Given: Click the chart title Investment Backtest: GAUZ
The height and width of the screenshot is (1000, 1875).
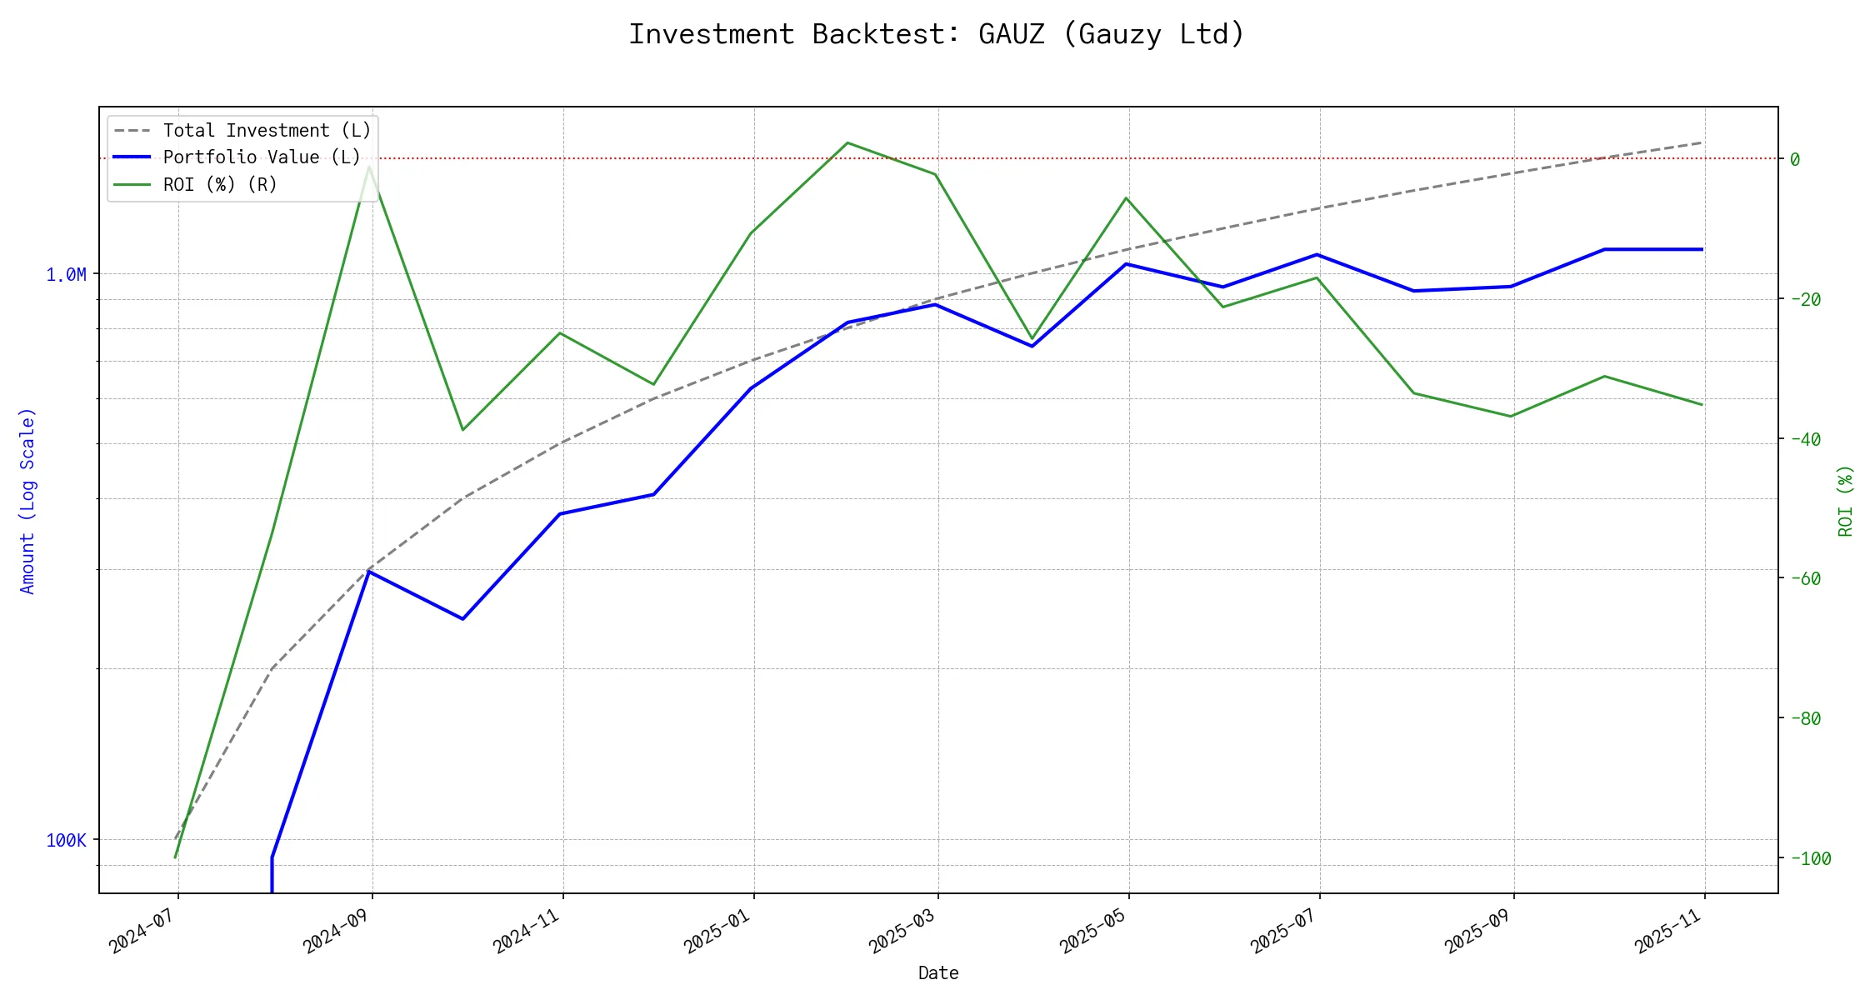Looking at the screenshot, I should click(x=937, y=34).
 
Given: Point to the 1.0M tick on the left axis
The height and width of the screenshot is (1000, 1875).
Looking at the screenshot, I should click(x=66, y=275).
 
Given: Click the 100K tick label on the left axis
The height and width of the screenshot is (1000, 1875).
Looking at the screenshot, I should click(x=66, y=841).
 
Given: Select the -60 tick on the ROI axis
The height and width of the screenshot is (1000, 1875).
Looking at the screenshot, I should click(x=1804, y=578).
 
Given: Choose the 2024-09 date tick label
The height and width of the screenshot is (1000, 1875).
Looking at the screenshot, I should click(x=337, y=931).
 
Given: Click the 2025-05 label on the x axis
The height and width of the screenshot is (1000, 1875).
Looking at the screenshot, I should click(x=1093, y=931).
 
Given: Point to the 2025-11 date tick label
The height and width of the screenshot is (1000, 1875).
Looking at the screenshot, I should click(x=1668, y=931).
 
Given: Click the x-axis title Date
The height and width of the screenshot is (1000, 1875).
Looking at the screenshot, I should click(x=938, y=973).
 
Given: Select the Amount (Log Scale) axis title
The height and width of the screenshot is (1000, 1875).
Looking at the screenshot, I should click(x=28, y=501).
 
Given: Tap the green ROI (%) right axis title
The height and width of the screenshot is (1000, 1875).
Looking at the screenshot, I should click(x=1846, y=501).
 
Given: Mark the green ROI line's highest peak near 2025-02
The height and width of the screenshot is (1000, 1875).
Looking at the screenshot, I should click(x=847, y=142).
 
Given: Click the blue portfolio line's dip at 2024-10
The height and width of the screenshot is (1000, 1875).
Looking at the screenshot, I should click(x=462, y=619).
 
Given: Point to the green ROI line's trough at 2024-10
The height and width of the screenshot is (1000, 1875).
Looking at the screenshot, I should click(x=462, y=430).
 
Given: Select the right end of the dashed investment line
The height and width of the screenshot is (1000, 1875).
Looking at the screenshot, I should click(x=1702, y=142).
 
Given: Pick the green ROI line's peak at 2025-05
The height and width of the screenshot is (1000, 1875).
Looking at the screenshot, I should click(x=1127, y=197).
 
